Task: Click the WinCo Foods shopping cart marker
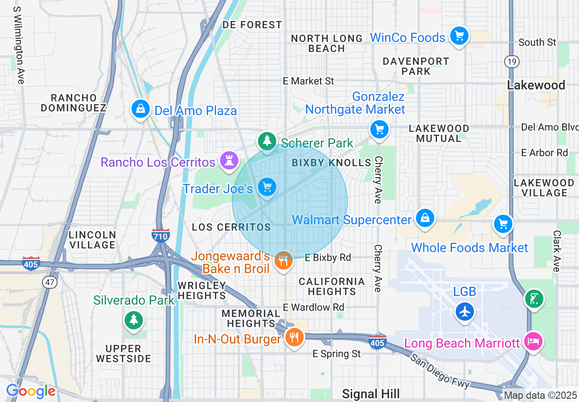(459, 36)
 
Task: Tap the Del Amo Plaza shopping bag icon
(140, 109)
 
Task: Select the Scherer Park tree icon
(267, 141)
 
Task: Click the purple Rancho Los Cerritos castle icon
(228, 160)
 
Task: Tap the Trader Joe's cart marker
(267, 187)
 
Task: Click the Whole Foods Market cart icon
(503, 224)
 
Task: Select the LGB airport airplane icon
(465, 312)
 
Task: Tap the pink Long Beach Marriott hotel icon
(533, 341)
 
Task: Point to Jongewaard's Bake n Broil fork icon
(283, 261)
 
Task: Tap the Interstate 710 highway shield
(161, 235)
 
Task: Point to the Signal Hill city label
(371, 394)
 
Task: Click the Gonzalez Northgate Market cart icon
(379, 129)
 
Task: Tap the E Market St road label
(308, 81)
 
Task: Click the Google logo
(31, 391)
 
